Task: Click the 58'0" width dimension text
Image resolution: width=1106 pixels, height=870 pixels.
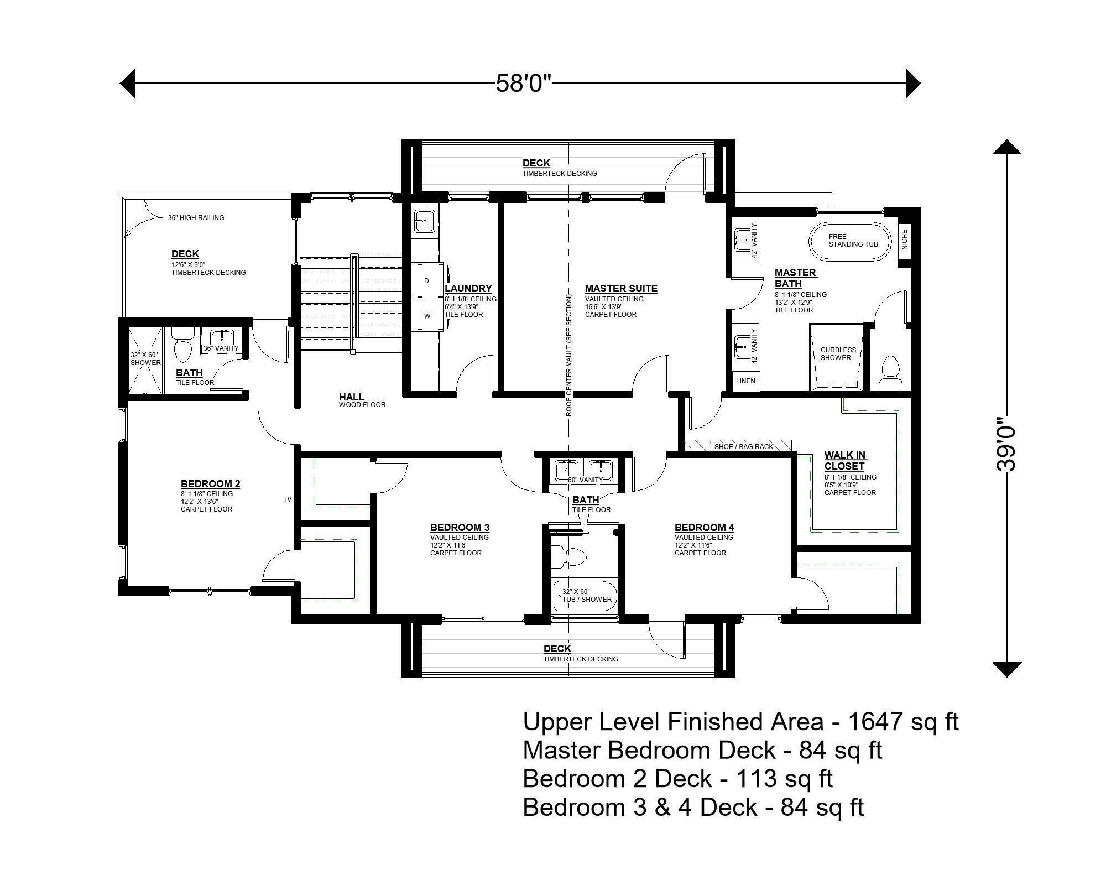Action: coord(523,84)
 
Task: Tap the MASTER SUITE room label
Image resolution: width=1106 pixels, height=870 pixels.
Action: coord(621,288)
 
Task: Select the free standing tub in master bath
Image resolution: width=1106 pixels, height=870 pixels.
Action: coord(851,241)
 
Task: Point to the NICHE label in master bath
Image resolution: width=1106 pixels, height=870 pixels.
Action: coord(905,239)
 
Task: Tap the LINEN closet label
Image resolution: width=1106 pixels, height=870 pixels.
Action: coord(745,381)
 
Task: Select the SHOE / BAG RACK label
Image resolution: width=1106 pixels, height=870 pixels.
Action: coord(743,446)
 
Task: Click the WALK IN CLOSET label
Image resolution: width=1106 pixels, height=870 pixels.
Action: coord(844,460)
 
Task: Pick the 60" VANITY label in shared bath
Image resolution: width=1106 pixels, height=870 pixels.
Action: coord(585,480)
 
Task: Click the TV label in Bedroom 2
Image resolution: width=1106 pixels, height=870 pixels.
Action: coord(287,499)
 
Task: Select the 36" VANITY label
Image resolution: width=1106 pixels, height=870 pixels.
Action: coord(221,348)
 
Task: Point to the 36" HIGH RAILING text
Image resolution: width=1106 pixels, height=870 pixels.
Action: coord(196,218)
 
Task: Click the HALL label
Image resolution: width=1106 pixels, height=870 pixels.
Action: coord(352,397)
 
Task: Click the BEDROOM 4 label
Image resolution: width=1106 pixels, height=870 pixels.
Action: coord(704,527)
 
